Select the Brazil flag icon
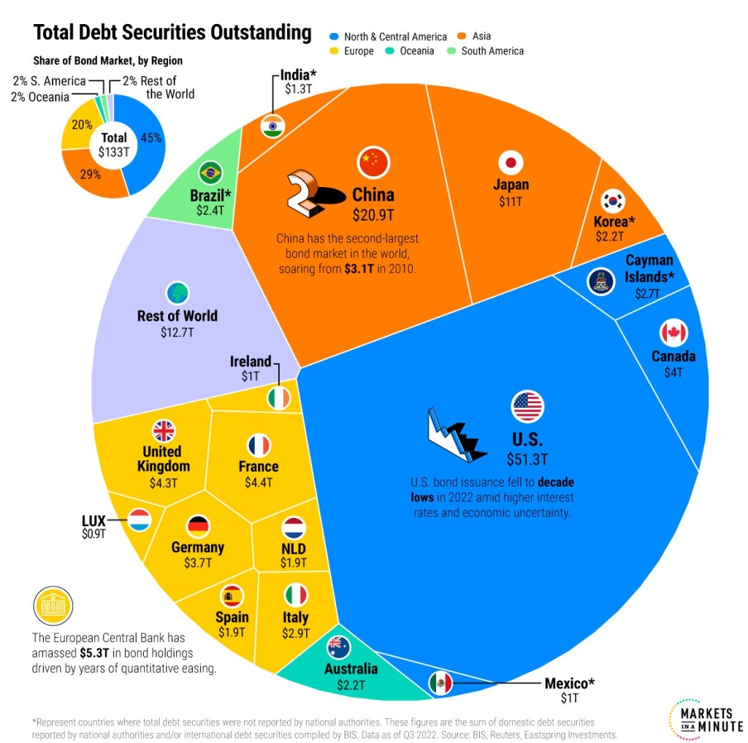pyautogui.click(x=210, y=173)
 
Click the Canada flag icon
pyautogui.click(x=673, y=333)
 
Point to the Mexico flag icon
pyautogui.click(x=440, y=683)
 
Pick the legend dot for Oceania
pyautogui.click(x=394, y=51)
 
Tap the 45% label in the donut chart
pyautogui.click(x=150, y=137)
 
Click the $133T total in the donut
pyautogui.click(x=113, y=152)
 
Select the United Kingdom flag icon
pyautogui.click(x=164, y=430)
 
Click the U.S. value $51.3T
pyautogui.click(x=527, y=460)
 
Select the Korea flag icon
pyautogui.click(x=612, y=201)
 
